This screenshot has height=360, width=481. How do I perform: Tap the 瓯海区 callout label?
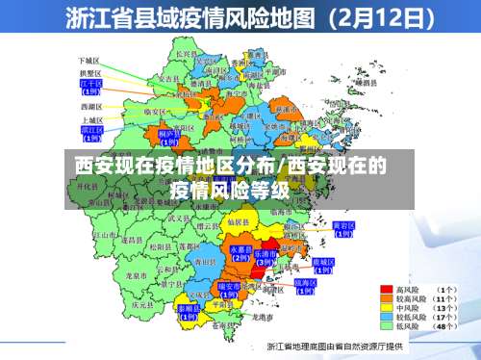306,284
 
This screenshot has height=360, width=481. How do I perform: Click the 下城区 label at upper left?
90,60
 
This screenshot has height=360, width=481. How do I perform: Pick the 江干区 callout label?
90,87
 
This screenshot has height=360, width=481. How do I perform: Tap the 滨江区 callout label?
91,129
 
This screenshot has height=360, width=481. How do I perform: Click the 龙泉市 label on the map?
135,275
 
